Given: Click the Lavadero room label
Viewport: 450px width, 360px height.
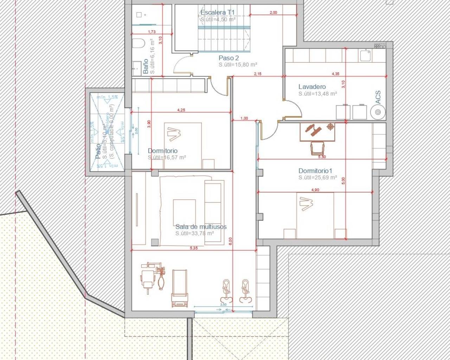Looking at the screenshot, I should pyautogui.click(x=312, y=86).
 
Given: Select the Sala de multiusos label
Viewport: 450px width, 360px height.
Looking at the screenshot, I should pyautogui.click(x=201, y=226).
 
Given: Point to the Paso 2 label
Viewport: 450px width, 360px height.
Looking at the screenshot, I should pyautogui.click(x=229, y=58).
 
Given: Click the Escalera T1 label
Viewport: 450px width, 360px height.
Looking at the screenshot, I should pyautogui.click(x=217, y=13).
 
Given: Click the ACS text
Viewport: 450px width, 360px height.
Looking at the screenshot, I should pyautogui.click(x=378, y=97).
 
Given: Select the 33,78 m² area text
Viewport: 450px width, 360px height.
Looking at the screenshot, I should pyautogui.click(x=195, y=233).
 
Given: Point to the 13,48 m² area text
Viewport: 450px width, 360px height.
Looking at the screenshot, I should pyautogui.click(x=318, y=94).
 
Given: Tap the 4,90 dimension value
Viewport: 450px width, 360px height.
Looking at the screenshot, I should pyautogui.click(x=315, y=190).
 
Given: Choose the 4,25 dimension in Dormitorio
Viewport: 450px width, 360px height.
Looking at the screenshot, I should pyautogui.click(x=181, y=110).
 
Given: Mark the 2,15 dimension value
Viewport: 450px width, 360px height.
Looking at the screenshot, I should pyautogui.click(x=258, y=74).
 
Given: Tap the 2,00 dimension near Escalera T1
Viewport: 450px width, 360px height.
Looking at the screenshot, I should pyautogui.click(x=273, y=13).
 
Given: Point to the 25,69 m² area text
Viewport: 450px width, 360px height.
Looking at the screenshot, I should pyautogui.click(x=318, y=178).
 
